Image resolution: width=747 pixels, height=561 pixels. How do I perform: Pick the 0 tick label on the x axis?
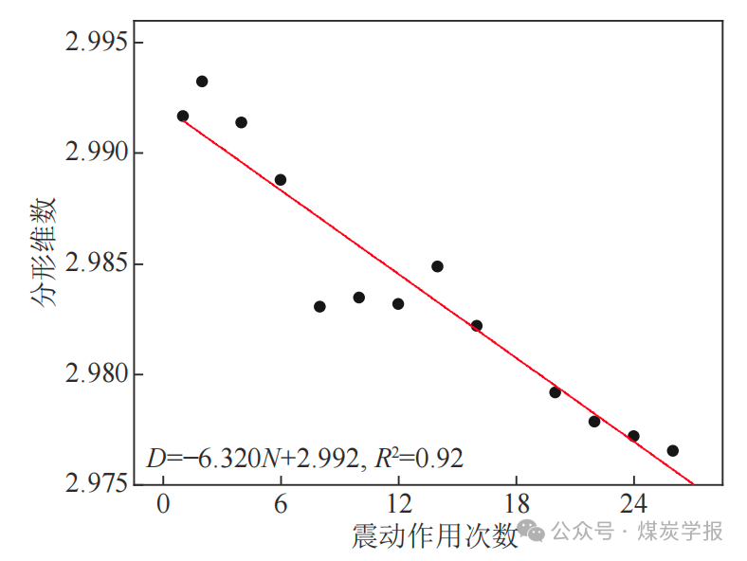163,503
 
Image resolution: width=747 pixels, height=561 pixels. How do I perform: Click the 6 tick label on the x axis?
281,503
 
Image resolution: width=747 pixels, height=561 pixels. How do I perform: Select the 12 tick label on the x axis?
398,503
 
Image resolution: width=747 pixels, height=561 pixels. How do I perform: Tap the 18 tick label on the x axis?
516,503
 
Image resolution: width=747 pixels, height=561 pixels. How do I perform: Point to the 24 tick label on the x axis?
633,503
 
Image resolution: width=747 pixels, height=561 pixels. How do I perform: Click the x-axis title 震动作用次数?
435,536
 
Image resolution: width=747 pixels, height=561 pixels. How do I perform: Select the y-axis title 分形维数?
44,252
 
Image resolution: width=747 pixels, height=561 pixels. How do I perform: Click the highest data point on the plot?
202,81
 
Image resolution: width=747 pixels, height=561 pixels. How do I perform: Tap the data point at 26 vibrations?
672,450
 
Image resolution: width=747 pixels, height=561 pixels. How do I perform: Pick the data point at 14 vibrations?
437,266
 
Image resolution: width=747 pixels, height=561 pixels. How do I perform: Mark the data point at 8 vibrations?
319,306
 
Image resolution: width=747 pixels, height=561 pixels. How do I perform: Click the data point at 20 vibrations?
555,392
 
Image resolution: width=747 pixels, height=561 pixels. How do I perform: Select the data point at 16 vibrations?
476,325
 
